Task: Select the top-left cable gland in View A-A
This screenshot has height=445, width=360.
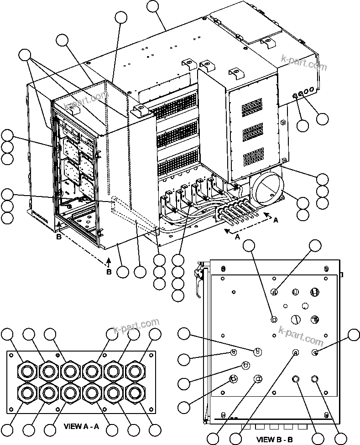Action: pos(26,370)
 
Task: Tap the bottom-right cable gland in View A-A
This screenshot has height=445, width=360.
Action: pos(134,392)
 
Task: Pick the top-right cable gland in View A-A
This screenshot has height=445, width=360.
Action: pos(134,370)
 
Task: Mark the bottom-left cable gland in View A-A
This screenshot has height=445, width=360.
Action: pos(26,392)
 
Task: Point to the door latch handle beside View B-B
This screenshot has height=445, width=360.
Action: pos(198,276)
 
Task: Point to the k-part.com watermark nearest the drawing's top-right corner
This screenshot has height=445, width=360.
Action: pos(305,64)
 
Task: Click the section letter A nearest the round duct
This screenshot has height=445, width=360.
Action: pos(275,220)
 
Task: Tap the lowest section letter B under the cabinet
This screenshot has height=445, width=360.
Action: pos(108,272)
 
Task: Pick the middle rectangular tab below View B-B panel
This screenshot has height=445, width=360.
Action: pos(274,428)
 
